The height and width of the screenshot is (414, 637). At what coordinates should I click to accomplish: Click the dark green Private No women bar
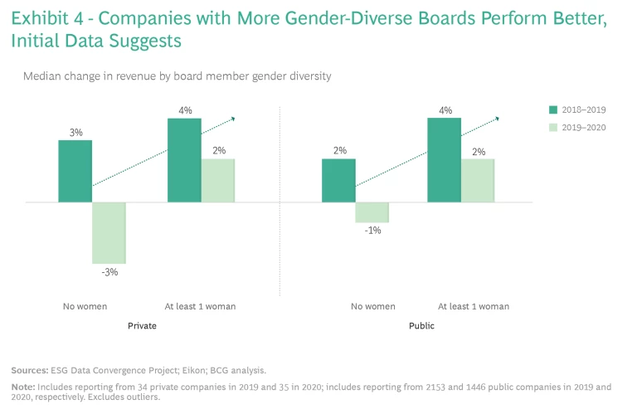point(75,171)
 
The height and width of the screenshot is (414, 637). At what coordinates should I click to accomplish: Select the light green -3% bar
point(109,233)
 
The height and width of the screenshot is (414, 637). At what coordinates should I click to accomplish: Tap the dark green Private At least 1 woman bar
point(184,160)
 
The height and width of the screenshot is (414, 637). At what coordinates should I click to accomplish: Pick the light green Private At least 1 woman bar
point(218,180)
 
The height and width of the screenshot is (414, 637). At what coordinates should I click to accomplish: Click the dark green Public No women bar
point(338,180)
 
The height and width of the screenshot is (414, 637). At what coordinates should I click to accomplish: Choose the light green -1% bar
point(372,212)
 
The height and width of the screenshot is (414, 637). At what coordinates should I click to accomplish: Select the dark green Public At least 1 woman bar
point(444,160)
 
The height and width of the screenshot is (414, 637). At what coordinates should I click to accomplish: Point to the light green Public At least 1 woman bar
point(478,180)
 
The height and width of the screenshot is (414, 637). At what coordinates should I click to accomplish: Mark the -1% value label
point(372,231)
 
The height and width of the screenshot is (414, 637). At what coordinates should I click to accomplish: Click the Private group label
point(142,326)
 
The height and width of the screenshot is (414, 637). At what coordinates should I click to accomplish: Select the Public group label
point(421,326)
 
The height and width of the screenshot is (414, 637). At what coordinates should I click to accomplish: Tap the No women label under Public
point(372,306)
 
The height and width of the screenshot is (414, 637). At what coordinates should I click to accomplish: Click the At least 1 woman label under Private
point(202,306)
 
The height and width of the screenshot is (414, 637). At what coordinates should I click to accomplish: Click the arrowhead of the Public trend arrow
point(497,119)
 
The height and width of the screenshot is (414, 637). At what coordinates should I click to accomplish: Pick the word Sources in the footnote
point(30,369)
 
